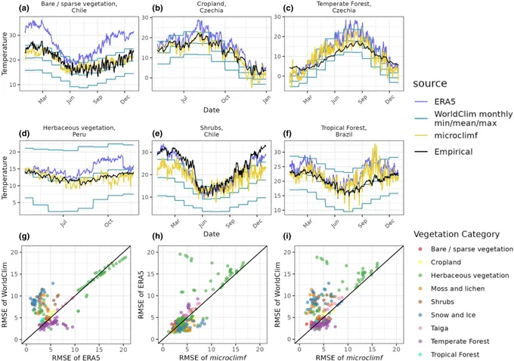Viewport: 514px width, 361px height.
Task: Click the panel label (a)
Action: point(24,9)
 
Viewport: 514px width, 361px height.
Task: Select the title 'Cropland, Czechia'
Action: point(212,7)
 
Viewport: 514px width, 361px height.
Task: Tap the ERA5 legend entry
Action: point(435,101)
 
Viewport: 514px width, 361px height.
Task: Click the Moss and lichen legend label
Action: point(457,288)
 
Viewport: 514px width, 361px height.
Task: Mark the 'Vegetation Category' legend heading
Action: point(457,234)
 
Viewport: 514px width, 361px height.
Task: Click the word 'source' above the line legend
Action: point(430,84)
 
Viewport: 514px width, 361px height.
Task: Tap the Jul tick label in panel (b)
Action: point(184,98)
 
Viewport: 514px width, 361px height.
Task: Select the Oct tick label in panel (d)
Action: point(108,222)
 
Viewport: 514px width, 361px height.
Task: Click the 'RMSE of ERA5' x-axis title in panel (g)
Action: point(76,357)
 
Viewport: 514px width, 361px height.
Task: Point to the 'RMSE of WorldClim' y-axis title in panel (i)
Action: point(277,295)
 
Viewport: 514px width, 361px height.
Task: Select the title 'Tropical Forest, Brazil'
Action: point(343,131)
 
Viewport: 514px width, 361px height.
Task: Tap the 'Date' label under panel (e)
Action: point(212,233)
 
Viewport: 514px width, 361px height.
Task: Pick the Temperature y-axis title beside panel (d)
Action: point(5,177)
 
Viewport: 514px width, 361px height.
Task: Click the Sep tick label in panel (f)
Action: point(362,223)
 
